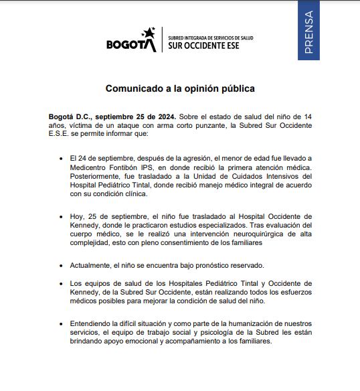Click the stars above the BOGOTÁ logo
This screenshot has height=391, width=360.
click(149, 33)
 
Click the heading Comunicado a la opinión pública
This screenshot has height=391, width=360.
click(180, 88)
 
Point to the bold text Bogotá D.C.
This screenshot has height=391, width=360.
click(72, 116)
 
